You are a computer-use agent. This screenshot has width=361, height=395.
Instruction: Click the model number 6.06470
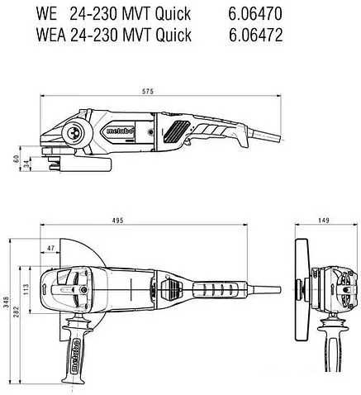(x=255, y=13)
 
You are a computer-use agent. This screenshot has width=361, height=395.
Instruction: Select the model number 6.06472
(x=256, y=35)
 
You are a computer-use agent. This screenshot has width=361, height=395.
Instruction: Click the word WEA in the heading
(x=51, y=35)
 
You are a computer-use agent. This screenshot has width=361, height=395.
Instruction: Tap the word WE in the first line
(x=46, y=13)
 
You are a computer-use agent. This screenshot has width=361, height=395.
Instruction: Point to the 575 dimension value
(x=148, y=92)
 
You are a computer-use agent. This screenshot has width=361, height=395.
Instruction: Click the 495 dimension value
(x=118, y=221)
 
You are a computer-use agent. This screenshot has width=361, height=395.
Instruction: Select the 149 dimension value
(x=324, y=221)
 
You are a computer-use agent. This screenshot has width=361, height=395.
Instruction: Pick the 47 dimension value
(x=50, y=248)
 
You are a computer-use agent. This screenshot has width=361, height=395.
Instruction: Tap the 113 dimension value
(x=26, y=289)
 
